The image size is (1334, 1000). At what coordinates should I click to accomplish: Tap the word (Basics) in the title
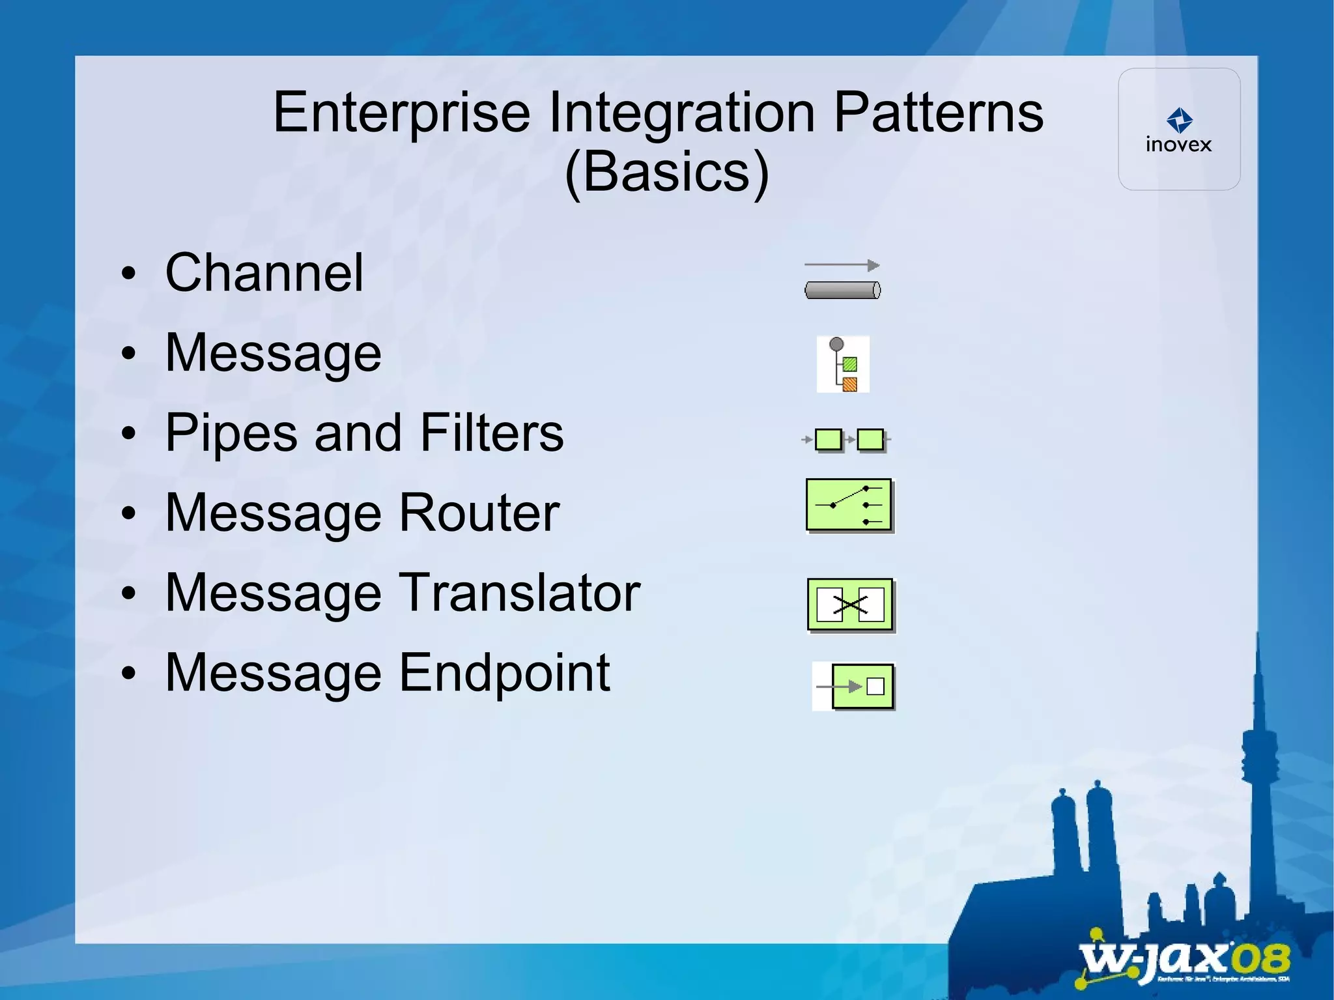pos(666,172)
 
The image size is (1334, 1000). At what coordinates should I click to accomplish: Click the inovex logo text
pos(1178,145)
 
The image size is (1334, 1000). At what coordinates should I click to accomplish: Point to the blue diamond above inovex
pos(1179,120)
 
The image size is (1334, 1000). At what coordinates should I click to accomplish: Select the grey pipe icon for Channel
pos(842,290)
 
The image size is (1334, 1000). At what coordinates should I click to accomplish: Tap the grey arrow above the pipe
pos(842,265)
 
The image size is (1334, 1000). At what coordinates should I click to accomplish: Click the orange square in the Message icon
pos(850,384)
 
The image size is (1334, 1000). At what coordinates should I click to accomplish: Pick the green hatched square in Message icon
pos(850,364)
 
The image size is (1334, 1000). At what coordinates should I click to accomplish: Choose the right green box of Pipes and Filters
pos(870,440)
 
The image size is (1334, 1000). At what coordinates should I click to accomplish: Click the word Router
pos(479,513)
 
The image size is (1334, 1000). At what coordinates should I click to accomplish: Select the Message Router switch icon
pos(849,505)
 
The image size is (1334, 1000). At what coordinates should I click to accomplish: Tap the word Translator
pos(519,593)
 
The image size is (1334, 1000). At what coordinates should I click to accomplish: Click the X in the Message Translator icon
pos(850,605)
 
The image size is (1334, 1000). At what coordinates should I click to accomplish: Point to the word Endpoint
pos(504,673)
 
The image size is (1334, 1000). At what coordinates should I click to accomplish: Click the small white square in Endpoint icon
pos(875,686)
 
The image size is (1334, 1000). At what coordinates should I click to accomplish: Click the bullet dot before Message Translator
pos(129,593)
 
